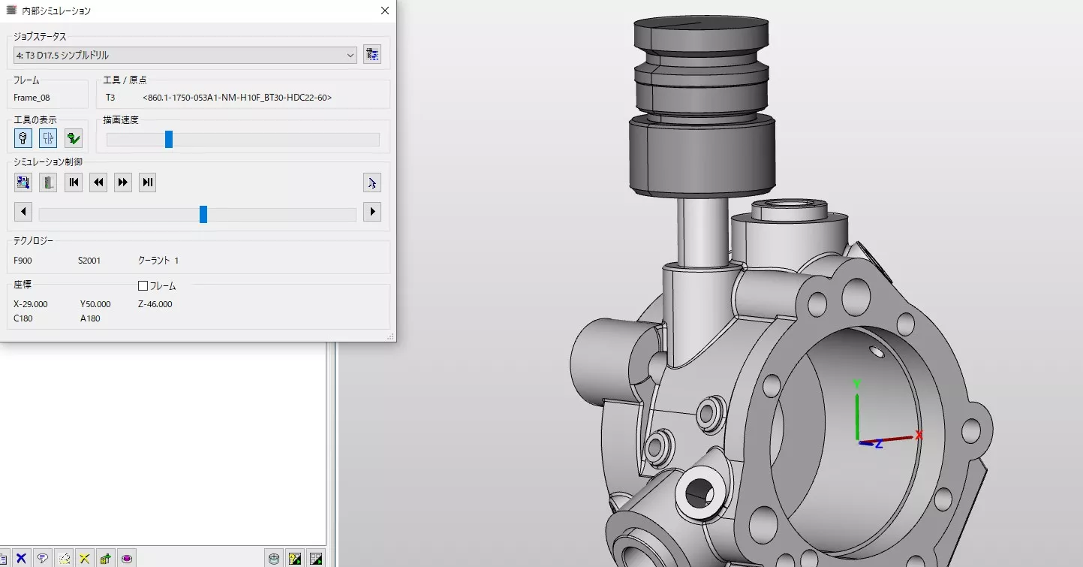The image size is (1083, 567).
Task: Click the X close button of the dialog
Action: tap(385, 11)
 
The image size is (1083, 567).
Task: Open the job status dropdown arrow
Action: tap(350, 55)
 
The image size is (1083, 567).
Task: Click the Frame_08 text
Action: tap(32, 98)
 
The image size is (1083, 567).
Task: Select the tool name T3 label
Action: tap(110, 98)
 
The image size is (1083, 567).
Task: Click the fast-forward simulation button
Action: tap(123, 182)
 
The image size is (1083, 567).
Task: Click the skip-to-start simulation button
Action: tap(74, 182)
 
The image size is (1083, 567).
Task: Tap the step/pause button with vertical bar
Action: tap(148, 182)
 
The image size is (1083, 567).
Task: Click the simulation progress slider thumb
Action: tap(203, 214)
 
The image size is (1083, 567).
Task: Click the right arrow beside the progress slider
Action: tap(372, 212)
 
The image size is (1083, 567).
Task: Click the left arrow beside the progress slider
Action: tap(23, 212)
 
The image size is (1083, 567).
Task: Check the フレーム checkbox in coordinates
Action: tap(143, 286)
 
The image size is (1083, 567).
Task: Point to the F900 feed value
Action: tap(23, 261)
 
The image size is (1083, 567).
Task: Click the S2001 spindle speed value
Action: tap(89, 261)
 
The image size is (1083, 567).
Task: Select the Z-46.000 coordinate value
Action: tap(155, 304)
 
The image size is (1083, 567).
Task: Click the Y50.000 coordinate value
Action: tap(95, 304)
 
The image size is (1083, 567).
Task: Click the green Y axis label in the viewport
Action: tap(856, 384)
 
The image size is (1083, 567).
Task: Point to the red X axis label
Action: tap(919, 435)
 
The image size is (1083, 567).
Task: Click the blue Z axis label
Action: tap(878, 445)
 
